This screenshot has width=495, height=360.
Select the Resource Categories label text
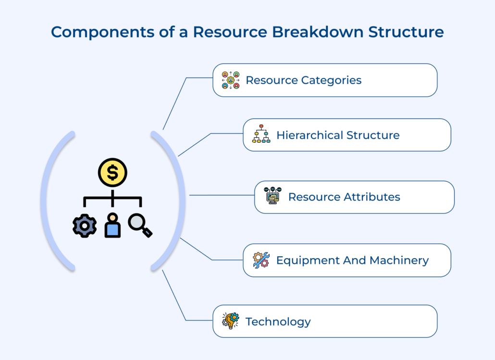coord(303,80)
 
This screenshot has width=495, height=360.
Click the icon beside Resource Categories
coord(231,80)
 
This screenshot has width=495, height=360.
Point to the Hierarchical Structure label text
coord(338,135)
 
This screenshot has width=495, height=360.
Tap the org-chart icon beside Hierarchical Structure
coord(261,134)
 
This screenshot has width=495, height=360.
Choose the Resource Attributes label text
coord(344,197)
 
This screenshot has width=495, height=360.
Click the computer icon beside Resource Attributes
coord(273,196)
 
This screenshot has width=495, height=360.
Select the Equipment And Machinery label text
coord(352,260)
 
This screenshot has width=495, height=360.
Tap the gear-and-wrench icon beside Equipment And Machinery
coord(261,260)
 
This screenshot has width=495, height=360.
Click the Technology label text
coord(278,321)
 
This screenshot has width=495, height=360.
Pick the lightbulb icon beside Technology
coord(231,321)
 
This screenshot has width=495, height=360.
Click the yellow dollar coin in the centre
coord(112,173)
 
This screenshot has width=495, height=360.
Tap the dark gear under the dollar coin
coord(85,225)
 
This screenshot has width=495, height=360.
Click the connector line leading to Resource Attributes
coord(221,196)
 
